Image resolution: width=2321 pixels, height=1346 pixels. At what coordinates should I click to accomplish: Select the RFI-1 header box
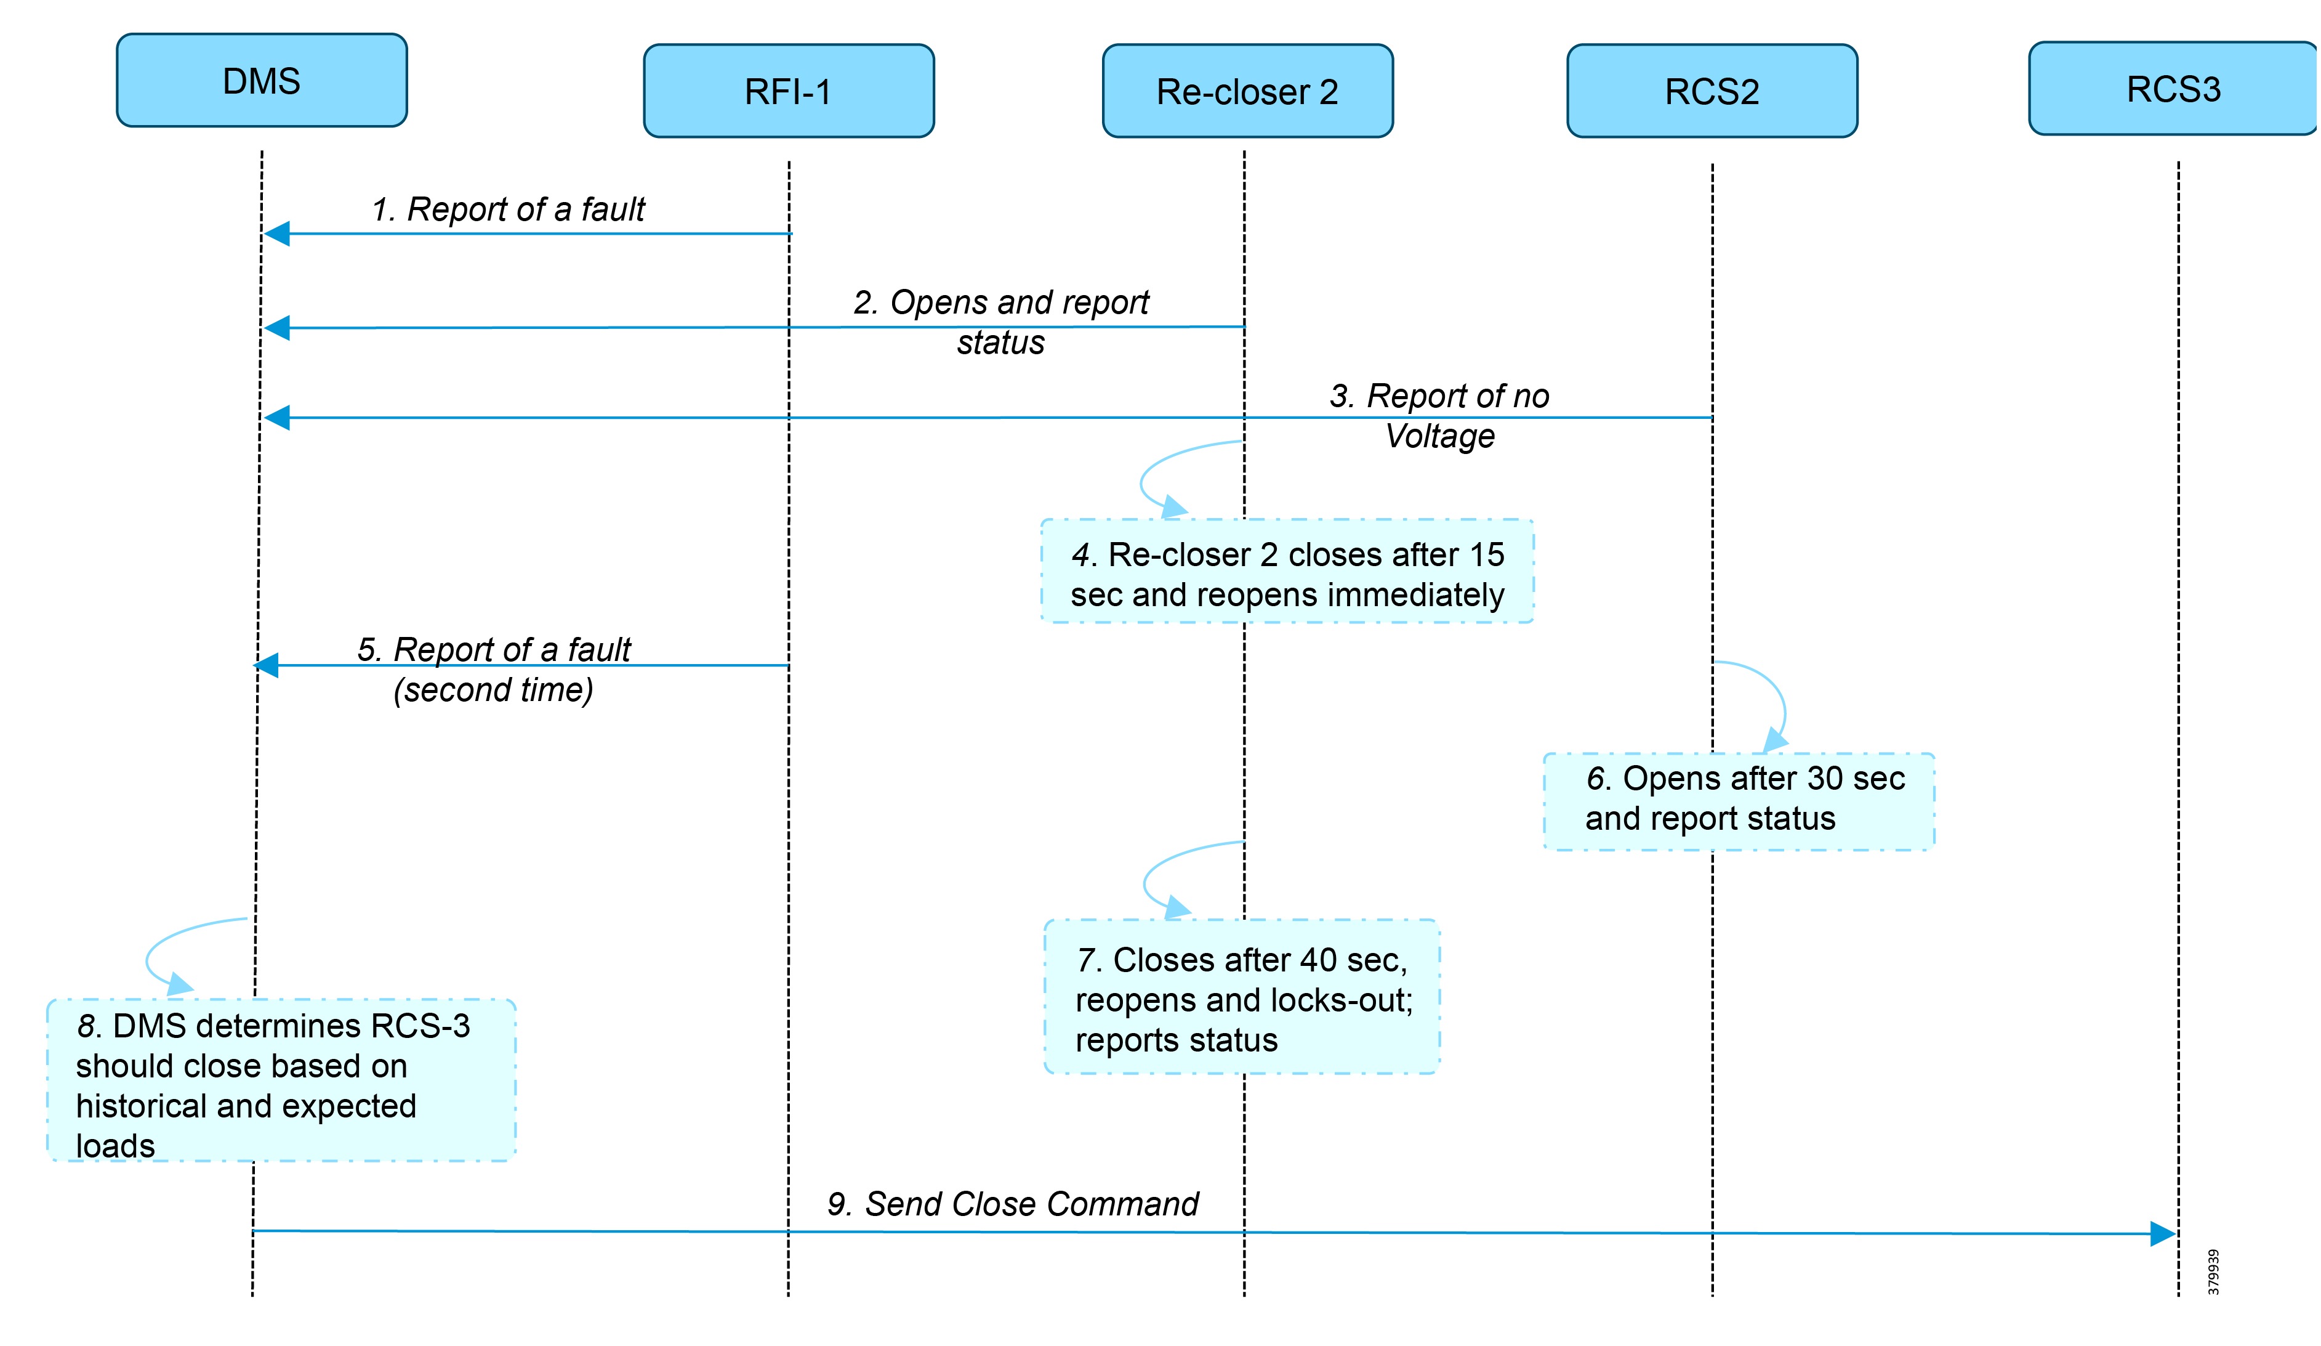point(789,91)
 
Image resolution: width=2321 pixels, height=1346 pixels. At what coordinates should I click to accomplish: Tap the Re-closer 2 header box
point(1247,91)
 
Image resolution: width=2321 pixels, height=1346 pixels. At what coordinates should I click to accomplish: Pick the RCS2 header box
point(1712,91)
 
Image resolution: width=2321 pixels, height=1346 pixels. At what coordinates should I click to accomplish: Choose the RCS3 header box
point(2172,89)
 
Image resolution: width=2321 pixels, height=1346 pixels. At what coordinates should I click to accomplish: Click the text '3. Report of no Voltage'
point(1439,415)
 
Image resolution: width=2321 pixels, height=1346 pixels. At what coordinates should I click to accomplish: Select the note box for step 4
point(1287,571)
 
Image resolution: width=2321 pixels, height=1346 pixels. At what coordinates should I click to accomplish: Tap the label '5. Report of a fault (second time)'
point(494,670)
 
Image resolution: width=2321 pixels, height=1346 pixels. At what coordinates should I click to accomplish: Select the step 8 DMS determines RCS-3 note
point(281,1080)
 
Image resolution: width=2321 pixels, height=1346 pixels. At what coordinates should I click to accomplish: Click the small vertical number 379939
point(2213,1271)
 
